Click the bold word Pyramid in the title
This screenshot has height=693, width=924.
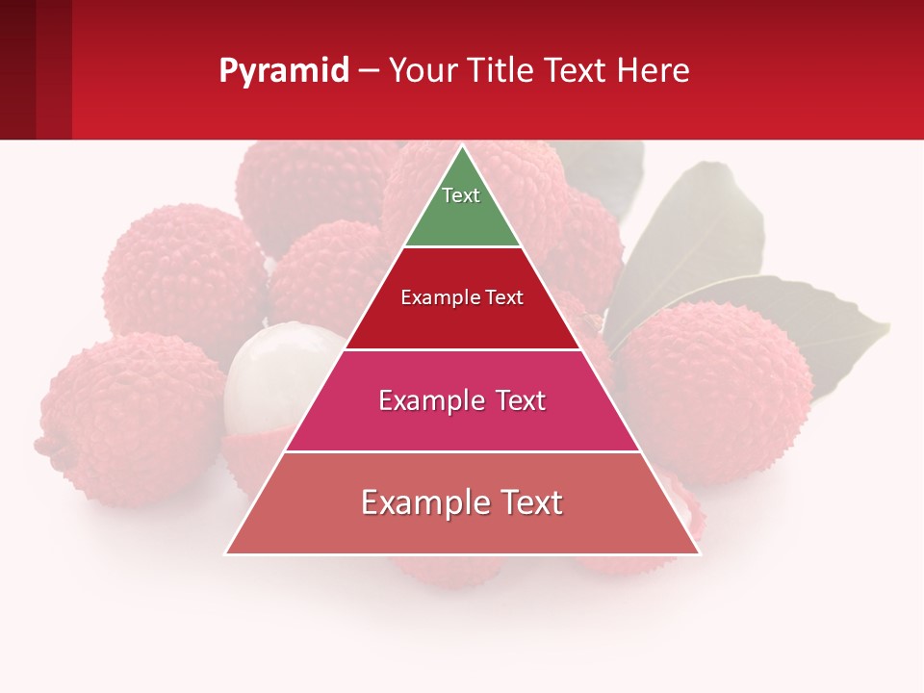point(283,71)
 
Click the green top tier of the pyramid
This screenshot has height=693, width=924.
point(462,207)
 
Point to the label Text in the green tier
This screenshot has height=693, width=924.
point(461,195)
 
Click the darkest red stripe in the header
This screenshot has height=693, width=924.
point(17,69)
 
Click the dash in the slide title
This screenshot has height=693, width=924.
point(368,71)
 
